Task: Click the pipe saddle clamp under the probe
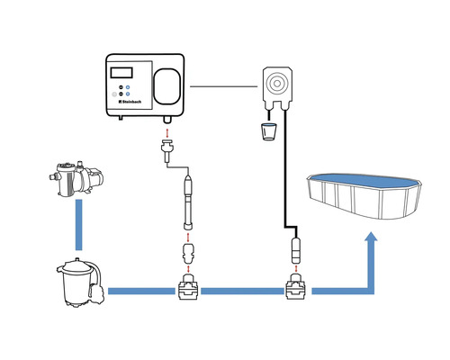(x=189, y=290)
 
